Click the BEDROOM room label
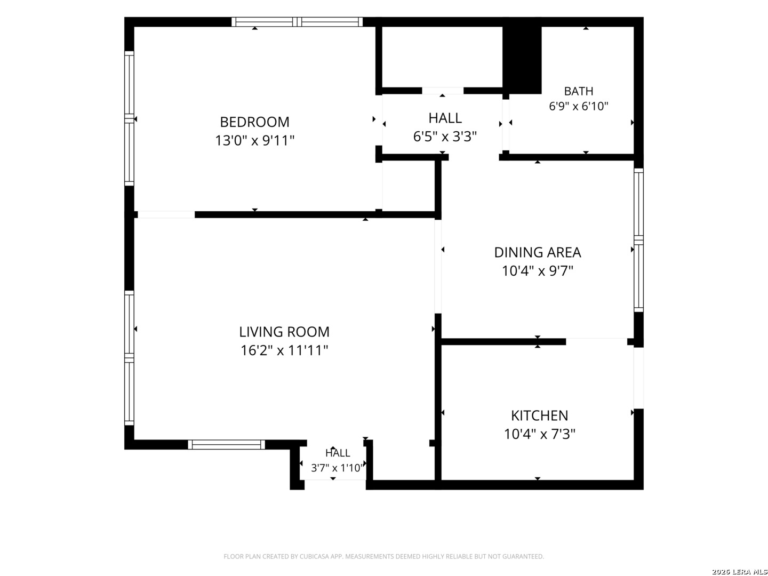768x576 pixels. (x=254, y=122)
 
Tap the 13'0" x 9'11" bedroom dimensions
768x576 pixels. (x=254, y=141)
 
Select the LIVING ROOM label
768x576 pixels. (x=284, y=332)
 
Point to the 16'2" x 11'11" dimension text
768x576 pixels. (x=284, y=350)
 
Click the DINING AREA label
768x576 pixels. (x=538, y=252)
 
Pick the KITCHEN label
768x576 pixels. (x=539, y=416)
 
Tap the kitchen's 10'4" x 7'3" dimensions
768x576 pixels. (x=539, y=434)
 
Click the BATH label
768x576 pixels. (x=578, y=91)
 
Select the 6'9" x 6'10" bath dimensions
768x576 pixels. (x=578, y=106)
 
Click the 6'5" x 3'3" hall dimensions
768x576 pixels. (x=445, y=137)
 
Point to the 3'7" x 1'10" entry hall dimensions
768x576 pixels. (x=337, y=468)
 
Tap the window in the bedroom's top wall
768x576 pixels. (x=297, y=22)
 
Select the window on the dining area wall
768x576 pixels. (x=638, y=240)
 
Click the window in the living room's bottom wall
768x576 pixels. (x=226, y=444)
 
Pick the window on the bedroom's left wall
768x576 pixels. (x=129, y=118)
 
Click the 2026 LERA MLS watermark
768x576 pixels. (x=739, y=572)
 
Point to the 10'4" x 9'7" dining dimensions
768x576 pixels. (x=538, y=271)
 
